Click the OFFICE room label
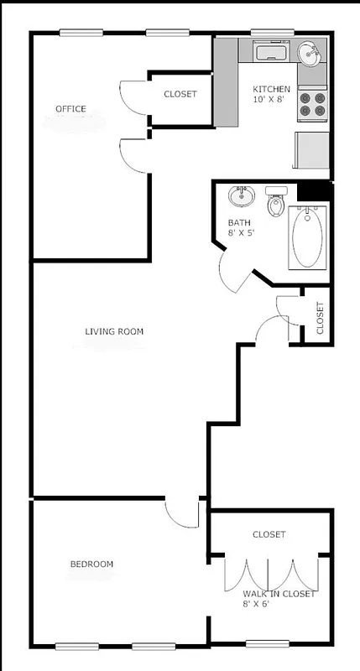pos(70,109)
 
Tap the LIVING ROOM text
pos(114,331)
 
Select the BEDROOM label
pos(91,564)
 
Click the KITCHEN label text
pos(272,89)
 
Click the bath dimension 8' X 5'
pos(242,234)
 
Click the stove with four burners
pos(313,102)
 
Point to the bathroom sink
pos(242,197)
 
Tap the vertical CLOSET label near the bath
pos(320,317)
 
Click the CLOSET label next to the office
pos(180,94)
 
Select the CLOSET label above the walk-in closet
pos(269,534)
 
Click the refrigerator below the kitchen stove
pos(311,150)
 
